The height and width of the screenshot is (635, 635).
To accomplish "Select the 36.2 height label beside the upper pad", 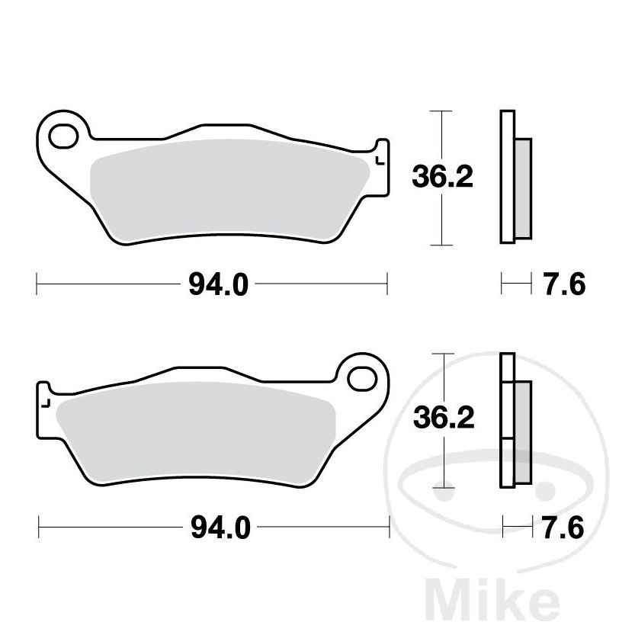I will (443, 177).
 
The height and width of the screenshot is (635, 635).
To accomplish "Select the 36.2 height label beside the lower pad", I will (443, 418).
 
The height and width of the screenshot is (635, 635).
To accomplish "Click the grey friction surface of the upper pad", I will (229, 187).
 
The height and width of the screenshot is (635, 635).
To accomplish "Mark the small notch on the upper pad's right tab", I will (379, 161).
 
